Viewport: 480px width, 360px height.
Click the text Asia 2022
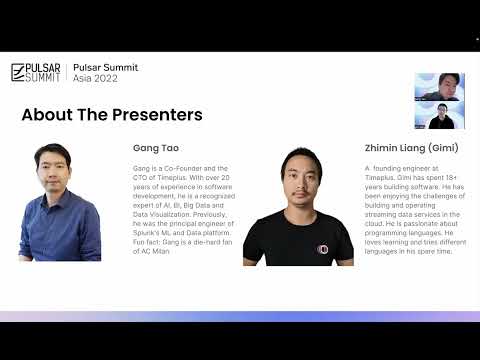coord(95,79)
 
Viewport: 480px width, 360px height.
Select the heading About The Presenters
coord(111,114)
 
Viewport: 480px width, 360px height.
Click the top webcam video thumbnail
coord(439,88)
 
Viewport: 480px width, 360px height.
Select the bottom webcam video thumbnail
coord(439,117)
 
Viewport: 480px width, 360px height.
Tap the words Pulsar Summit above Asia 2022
coord(106,67)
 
